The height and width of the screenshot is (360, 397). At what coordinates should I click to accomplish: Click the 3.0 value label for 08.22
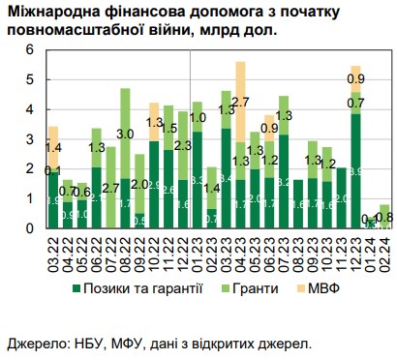pyautogui.click(x=126, y=134)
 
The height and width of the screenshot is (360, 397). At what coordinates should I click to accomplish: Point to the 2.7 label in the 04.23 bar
pyautogui.click(x=241, y=101)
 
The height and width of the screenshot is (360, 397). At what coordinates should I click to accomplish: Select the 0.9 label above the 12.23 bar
pyautogui.click(x=356, y=78)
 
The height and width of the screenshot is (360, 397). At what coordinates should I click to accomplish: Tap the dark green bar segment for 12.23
pyautogui.click(x=356, y=170)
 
